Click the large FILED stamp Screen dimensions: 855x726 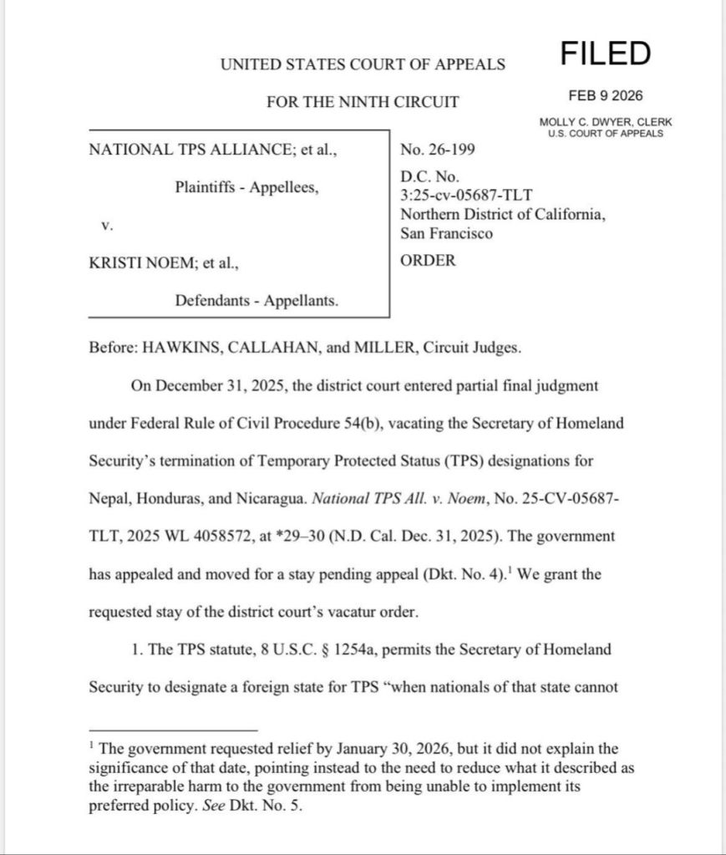click(x=605, y=53)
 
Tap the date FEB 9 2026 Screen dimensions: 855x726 click(x=606, y=95)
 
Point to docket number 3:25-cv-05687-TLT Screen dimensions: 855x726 click(x=466, y=196)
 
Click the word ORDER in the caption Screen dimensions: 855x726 click(x=429, y=260)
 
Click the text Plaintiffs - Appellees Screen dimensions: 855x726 click(x=246, y=187)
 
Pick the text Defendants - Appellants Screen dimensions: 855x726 click(x=256, y=300)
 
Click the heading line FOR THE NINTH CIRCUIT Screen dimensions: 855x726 click(x=363, y=102)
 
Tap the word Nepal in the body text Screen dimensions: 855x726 click(x=108, y=498)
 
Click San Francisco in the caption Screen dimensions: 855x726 click(x=446, y=233)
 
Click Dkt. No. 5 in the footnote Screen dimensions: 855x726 click(x=261, y=808)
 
